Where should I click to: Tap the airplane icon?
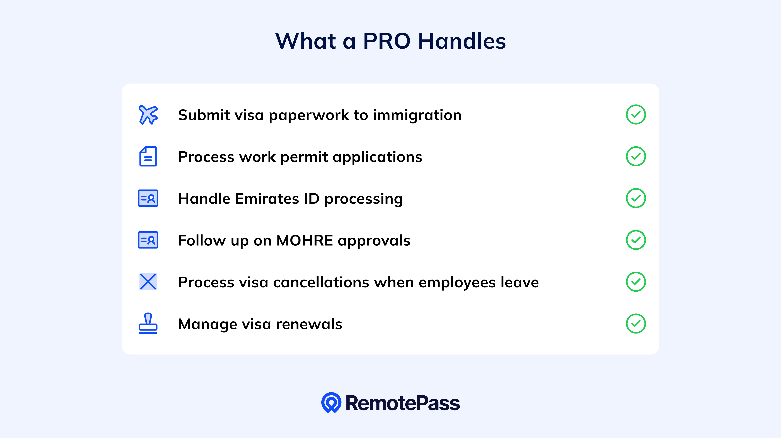148,115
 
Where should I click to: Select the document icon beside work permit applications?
148,156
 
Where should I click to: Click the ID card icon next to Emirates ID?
148,198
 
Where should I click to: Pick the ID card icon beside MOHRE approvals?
148,240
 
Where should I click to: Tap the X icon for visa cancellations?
148,282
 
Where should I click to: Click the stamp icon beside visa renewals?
148,324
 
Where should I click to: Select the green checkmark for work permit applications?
636,156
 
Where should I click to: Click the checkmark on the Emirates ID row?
636,198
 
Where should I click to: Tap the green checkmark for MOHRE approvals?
636,240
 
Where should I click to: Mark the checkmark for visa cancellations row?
636,282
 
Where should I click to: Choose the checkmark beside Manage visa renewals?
636,324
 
